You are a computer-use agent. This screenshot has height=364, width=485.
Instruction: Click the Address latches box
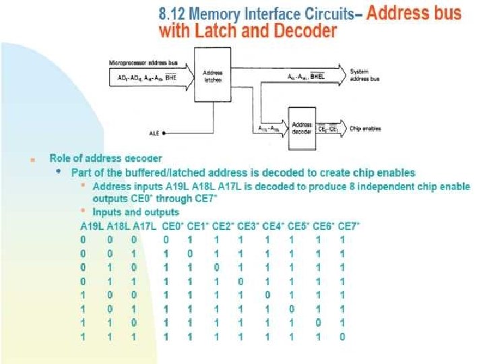pyautogui.click(x=213, y=75)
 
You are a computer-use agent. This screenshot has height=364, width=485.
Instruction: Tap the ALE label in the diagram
pyautogui.click(x=154, y=133)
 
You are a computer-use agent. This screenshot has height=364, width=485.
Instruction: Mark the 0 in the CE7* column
pyautogui.click(x=343, y=336)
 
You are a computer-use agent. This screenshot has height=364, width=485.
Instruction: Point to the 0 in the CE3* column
pyautogui.click(x=240, y=281)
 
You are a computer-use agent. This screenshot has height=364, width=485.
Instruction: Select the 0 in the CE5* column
pyautogui.click(x=292, y=309)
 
